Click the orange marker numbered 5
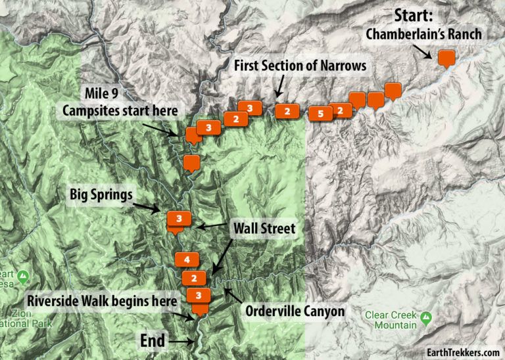[x=320, y=114]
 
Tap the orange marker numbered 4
[x=187, y=259]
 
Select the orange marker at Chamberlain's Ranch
[x=446, y=58]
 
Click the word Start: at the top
[x=418, y=15]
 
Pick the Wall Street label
[x=265, y=229]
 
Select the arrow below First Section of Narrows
[x=279, y=85]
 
